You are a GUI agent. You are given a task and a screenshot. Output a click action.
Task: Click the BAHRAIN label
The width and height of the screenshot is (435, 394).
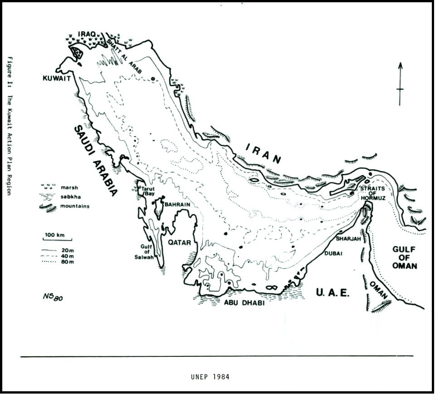coord(177,205)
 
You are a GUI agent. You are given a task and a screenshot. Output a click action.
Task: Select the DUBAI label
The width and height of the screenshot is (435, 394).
coord(333,253)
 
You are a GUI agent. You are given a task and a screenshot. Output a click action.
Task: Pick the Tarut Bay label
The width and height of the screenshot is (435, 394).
coord(149,191)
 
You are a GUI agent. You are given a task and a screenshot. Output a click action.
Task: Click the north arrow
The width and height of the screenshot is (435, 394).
coord(400,84)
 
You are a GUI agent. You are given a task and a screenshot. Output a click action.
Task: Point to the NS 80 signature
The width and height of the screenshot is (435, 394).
coord(52,296)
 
